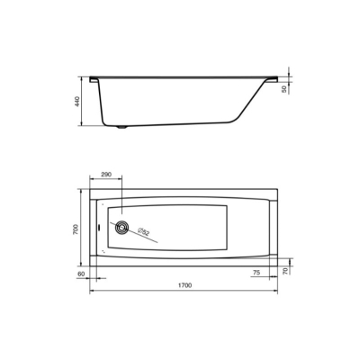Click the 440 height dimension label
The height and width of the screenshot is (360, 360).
(x=77, y=102)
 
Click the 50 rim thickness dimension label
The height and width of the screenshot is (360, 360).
(x=284, y=89)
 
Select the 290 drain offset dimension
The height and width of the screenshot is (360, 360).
(x=106, y=174)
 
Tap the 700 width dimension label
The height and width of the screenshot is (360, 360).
(x=76, y=229)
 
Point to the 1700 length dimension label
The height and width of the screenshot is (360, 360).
(x=184, y=285)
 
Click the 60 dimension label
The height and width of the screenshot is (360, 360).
(x=81, y=274)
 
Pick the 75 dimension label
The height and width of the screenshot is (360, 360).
(x=256, y=273)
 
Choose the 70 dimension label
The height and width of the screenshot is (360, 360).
(x=285, y=271)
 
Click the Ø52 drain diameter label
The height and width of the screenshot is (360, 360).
(x=143, y=231)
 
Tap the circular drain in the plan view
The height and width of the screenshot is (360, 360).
(x=121, y=227)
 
